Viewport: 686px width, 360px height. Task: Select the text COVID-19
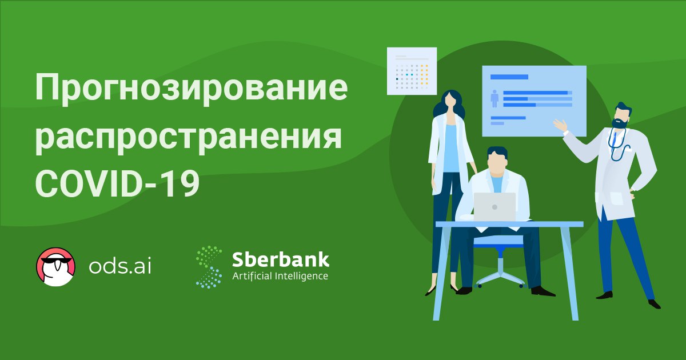click(x=118, y=183)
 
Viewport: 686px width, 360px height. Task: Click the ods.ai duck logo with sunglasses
click(x=56, y=267)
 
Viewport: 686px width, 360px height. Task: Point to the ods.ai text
click(x=120, y=266)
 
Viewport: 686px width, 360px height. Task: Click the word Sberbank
click(x=281, y=259)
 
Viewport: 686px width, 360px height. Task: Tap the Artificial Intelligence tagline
click(x=280, y=277)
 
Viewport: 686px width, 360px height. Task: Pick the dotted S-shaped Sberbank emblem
click(x=209, y=267)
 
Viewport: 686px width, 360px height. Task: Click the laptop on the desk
click(x=494, y=207)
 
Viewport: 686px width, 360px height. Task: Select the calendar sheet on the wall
click(x=412, y=71)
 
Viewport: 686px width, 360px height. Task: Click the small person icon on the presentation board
click(x=494, y=98)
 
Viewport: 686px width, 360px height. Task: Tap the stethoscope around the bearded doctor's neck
click(x=617, y=145)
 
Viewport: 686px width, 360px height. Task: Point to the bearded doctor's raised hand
click(x=560, y=126)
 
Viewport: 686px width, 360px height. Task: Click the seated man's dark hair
click(x=497, y=152)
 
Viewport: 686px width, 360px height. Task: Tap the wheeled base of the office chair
click(x=500, y=281)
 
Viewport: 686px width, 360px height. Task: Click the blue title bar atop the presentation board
click(x=509, y=77)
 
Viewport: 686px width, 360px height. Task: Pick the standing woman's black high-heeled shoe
click(x=431, y=291)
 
